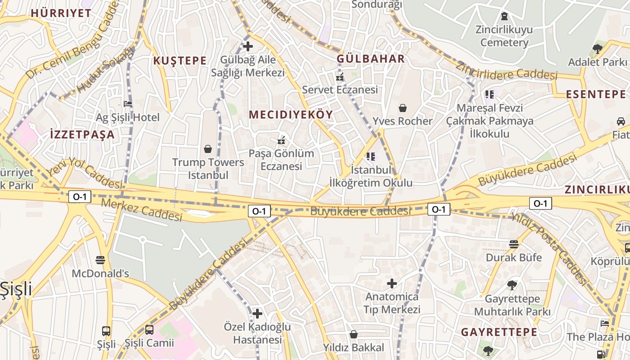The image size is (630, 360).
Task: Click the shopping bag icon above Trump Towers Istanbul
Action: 208,148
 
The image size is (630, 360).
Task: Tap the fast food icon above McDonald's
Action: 100,260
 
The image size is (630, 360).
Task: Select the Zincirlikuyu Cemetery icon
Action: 504,16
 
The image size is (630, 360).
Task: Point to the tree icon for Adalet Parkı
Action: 598,49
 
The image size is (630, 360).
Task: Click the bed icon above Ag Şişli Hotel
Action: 128,104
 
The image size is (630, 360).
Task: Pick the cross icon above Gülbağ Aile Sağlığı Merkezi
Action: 247,46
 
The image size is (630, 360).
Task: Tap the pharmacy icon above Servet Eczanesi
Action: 340,77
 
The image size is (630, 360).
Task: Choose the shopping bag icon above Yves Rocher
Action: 402,108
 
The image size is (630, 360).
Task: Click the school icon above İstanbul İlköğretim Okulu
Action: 371,157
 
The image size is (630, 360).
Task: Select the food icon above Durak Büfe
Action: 513,244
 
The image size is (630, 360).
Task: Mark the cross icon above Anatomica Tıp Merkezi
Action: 392,283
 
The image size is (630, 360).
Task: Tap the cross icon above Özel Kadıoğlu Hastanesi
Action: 257,313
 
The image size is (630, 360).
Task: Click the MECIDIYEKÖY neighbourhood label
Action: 291,114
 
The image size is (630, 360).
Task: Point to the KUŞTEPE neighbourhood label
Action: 180,61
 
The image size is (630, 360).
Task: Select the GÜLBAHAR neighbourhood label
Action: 371,59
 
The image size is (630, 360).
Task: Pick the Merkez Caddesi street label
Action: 142,210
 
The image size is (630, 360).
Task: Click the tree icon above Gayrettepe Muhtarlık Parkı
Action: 512,285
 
